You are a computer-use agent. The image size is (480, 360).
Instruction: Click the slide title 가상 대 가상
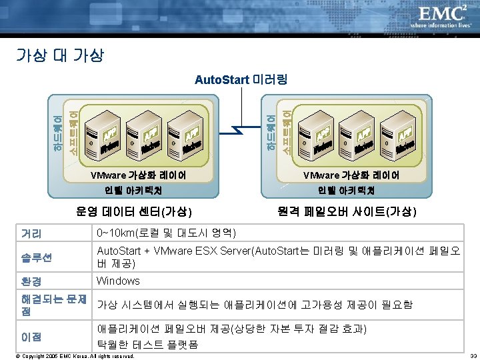point(59,55)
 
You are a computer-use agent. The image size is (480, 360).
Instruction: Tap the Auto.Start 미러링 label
point(241,81)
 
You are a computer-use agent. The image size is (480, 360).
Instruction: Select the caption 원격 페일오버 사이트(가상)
point(347,212)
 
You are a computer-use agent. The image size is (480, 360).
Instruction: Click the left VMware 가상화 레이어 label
point(139,175)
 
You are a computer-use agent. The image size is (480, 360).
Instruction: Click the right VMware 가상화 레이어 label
point(351,175)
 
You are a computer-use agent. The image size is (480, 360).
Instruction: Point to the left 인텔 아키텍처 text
point(139,191)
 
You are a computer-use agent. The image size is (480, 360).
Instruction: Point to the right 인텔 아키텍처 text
point(351,191)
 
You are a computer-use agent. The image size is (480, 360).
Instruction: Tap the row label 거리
point(31,234)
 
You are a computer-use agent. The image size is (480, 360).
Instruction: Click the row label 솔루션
point(37,257)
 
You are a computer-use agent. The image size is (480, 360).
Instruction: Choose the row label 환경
point(31,281)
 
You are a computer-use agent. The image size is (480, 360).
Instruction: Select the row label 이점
point(31,337)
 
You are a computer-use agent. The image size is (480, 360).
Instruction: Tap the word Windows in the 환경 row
point(118,281)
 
